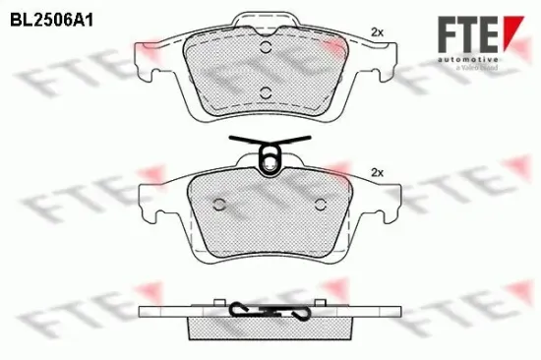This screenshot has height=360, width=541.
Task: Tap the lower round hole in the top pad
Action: (x=265, y=92)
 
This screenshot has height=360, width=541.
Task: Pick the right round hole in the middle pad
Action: (x=319, y=205)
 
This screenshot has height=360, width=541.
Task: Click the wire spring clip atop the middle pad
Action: (x=268, y=152)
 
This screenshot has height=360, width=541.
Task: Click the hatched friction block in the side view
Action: (x=270, y=326)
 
